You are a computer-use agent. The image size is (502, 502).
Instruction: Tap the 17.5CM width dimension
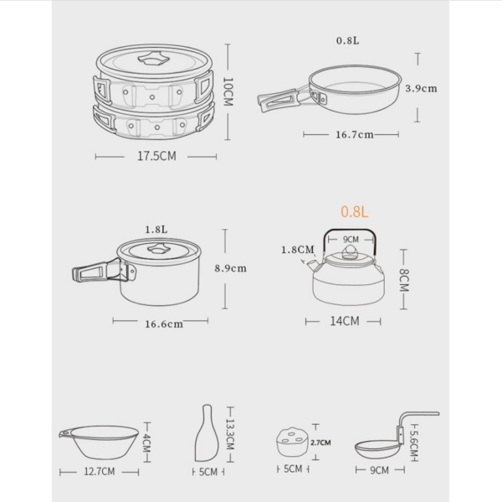[x=156, y=156]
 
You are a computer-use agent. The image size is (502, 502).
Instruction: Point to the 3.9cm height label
[x=420, y=87]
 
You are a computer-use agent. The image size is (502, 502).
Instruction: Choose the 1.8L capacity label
[x=156, y=228]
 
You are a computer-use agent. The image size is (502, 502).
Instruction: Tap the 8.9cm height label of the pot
[x=230, y=268]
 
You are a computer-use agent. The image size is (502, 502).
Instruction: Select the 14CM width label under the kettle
[x=343, y=320]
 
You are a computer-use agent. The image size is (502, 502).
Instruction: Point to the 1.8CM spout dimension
[x=298, y=249]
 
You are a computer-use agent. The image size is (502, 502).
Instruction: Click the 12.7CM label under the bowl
[x=100, y=471]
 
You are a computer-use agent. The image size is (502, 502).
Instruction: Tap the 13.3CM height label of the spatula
[x=231, y=433]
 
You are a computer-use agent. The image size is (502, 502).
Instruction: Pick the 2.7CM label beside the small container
[x=320, y=442]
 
